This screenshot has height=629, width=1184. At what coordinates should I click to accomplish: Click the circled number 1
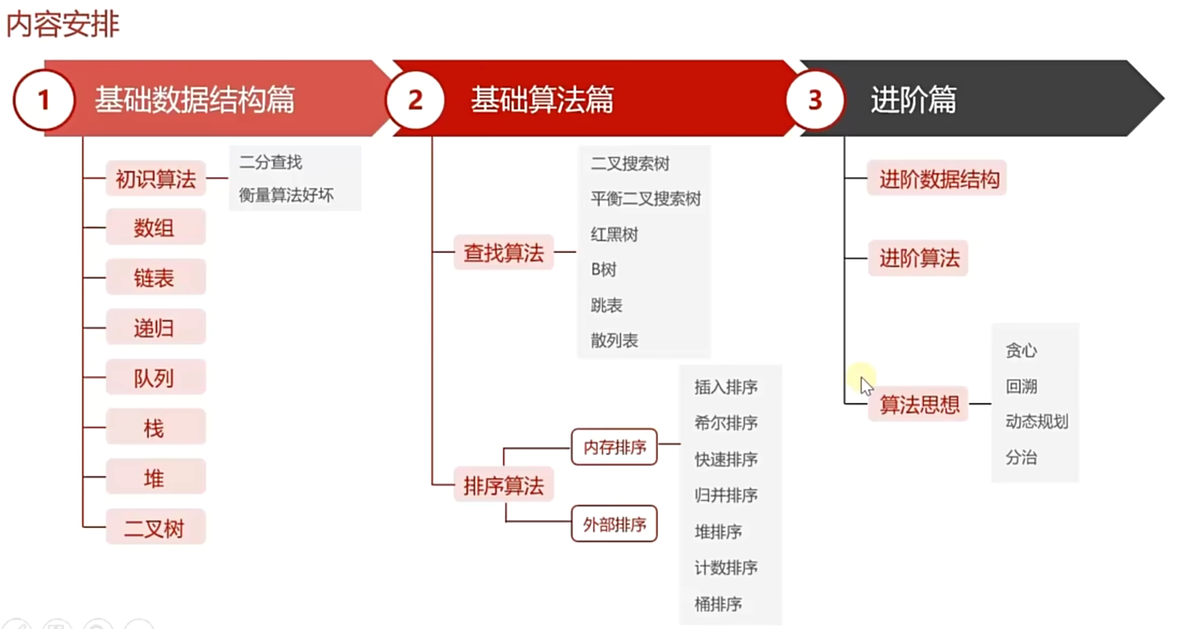point(44,100)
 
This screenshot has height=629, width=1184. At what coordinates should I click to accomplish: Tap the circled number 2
point(415,100)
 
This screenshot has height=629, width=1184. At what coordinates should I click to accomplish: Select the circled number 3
point(815,100)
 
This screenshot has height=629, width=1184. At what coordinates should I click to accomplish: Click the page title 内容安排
point(62,24)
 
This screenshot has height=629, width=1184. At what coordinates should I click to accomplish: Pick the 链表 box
point(155,278)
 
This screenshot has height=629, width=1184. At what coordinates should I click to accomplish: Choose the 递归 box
point(155,328)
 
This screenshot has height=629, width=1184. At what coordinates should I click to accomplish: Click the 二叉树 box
point(155,528)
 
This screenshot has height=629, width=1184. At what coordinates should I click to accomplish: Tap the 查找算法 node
point(503,253)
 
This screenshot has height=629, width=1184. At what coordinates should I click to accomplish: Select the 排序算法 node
point(503,486)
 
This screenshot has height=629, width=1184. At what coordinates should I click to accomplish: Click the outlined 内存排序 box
point(614,447)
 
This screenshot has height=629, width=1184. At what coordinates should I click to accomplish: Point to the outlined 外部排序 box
point(614,524)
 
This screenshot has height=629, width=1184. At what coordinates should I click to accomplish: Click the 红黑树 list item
point(614,234)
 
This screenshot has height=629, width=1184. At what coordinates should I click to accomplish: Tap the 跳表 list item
point(606,305)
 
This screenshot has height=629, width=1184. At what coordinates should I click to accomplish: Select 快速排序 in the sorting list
point(726,459)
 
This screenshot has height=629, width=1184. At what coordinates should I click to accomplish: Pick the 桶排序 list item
point(718,604)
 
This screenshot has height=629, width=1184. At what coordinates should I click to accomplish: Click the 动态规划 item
point(1037,421)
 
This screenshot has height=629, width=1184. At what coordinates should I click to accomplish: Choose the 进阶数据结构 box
point(938,179)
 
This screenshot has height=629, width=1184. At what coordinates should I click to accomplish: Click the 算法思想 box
point(919,405)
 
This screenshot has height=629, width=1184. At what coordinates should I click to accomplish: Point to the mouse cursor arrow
point(866,385)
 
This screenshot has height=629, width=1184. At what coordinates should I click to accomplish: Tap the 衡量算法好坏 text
point(286,195)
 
